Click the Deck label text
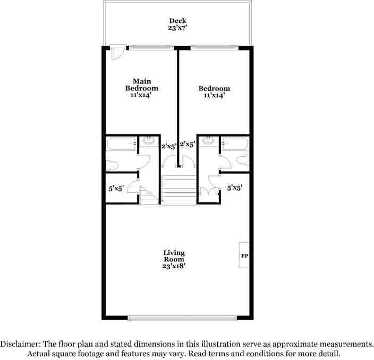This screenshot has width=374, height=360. (177, 21)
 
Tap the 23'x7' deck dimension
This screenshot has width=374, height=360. (177, 29)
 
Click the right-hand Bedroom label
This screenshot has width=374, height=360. (214, 88)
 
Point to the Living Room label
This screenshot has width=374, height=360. (174, 256)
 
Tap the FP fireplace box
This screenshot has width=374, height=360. (244, 255)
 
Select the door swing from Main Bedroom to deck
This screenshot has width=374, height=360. (118, 52)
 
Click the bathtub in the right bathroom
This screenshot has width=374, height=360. (234, 143)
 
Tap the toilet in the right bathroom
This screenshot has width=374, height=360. (243, 160)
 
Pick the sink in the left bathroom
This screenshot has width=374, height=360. (149, 141)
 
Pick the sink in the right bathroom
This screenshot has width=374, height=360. (207, 141)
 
